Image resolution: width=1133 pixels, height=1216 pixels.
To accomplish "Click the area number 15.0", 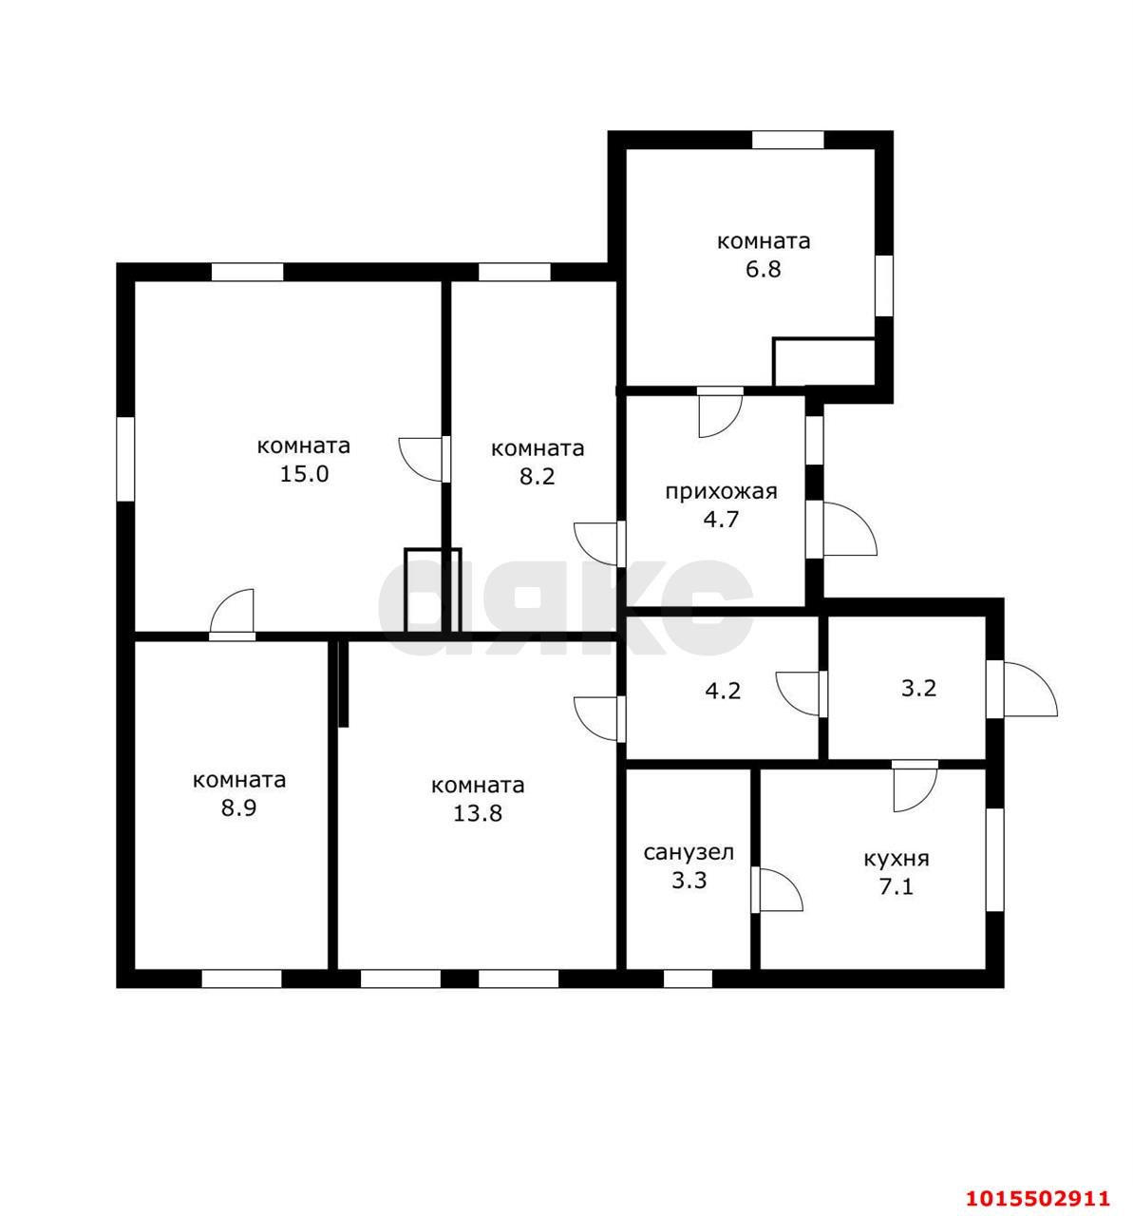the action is pos(304,473).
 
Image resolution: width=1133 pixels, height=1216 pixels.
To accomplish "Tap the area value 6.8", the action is pos(763,269).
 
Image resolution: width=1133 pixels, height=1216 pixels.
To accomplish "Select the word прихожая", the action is pos(721,491).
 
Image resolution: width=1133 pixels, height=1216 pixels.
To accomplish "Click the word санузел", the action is pos(688,852).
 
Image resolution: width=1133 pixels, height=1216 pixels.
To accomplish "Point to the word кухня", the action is pos(897,858).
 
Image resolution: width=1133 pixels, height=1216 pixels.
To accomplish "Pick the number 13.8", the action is pos(478,813).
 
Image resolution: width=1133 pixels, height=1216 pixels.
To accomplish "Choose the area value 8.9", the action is pos(238,808).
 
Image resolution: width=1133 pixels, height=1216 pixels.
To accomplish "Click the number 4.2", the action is pos(723,692).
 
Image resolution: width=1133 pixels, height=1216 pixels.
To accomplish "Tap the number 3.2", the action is pos(918,689).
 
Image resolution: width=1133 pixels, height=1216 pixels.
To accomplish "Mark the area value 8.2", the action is pos(537,476).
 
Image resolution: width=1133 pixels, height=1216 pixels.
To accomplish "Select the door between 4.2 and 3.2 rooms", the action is pos(802,693).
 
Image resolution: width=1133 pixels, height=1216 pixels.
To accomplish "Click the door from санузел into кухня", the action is pos(776,888).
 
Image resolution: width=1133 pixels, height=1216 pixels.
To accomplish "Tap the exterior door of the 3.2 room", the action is pos(1021,689).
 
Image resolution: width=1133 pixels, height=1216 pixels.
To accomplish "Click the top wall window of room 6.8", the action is pos(787,140).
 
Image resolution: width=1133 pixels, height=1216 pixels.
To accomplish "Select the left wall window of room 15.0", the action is pos(124,459).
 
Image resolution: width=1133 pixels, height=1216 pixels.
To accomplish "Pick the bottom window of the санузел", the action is pos(688,978).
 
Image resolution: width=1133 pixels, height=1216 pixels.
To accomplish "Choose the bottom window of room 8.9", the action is pos(241,978).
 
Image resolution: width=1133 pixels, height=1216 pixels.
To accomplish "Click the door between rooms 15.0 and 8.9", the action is pos(232,616).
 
